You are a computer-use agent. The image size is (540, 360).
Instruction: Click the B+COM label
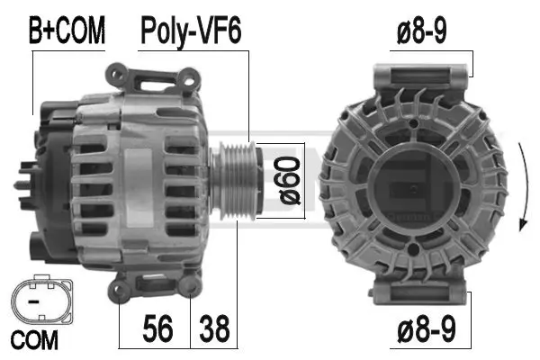tap(67, 32)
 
